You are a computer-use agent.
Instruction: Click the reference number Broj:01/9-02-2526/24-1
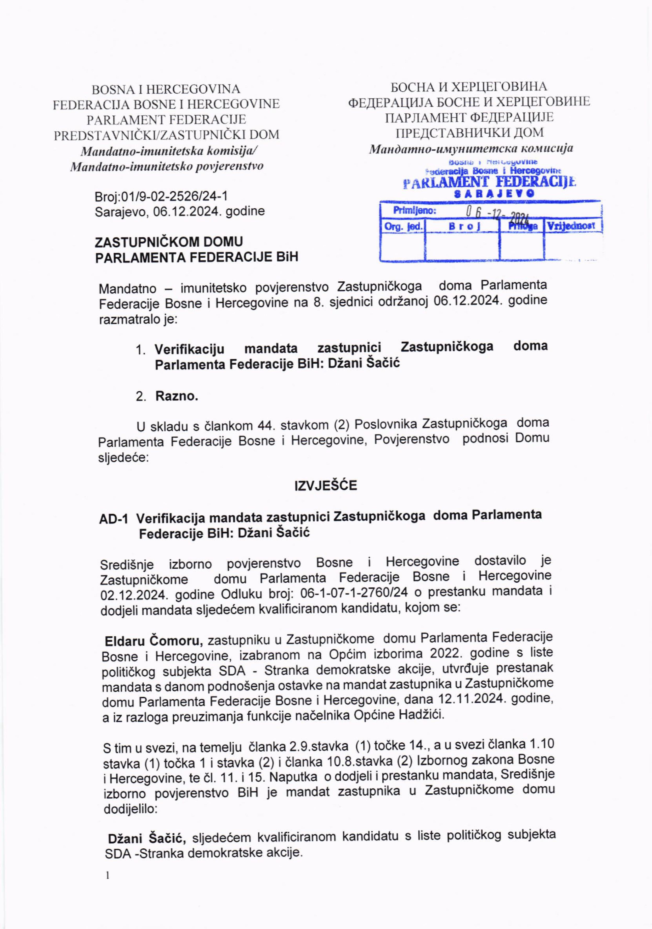pos(161,196)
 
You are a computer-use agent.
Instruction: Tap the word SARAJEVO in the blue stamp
pos(494,193)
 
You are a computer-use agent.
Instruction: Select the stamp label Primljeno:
pos(414,210)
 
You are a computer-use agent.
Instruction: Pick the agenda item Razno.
pos(177,396)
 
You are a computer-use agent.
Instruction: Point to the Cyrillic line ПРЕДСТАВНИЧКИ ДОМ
pos(469,132)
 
